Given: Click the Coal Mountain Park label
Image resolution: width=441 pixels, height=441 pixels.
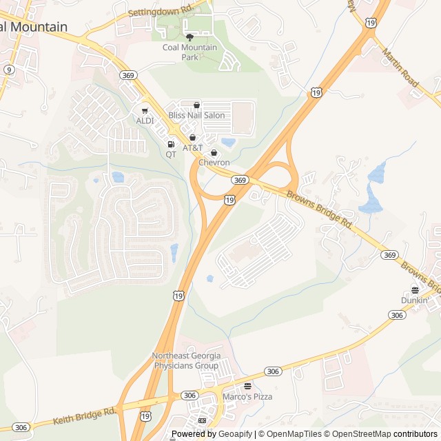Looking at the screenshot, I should click(189, 52).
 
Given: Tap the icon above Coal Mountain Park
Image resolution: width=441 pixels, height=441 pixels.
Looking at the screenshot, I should click(189, 36).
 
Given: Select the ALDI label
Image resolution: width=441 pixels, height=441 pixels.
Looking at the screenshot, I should click(145, 121).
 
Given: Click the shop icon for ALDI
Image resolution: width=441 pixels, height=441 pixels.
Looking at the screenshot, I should click(145, 110).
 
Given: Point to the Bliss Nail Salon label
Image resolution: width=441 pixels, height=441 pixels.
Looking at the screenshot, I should click(196, 115).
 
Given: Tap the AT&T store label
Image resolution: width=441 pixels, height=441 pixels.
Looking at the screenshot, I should click(193, 148).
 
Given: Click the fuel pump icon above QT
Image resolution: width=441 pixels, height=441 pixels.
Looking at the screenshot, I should click(171, 144).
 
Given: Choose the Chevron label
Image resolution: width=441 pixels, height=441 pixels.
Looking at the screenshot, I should click(214, 163).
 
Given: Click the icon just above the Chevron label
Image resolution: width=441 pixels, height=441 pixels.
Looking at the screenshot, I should click(214, 152).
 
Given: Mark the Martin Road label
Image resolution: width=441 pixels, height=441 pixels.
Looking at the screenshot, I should click(400, 68).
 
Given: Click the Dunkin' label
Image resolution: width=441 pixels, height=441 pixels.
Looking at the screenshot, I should click(415, 300).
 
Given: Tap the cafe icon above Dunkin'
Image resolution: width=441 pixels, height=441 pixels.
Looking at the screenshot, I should click(415, 290).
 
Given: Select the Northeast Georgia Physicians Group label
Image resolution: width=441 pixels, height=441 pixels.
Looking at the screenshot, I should click(186, 360).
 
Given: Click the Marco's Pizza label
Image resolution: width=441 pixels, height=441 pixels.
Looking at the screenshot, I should click(247, 397).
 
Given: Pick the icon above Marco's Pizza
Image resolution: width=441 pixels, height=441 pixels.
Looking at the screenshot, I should click(247, 386).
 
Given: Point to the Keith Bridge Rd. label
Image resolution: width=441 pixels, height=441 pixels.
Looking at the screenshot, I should click(84, 417).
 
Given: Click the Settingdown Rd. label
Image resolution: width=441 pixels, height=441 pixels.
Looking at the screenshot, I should click(160, 11).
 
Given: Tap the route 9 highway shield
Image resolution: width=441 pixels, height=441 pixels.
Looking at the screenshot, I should click(9, 70).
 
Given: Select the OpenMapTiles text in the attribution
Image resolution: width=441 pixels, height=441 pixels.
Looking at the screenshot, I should click(294, 434).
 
